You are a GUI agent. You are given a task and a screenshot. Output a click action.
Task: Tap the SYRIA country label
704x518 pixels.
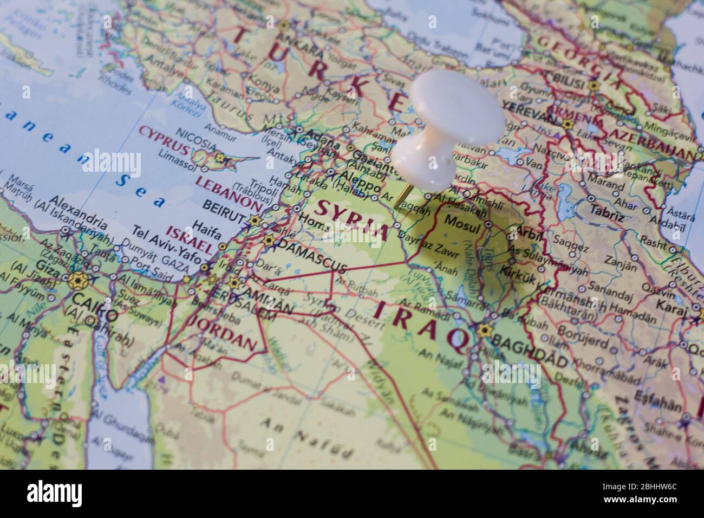(353, 218)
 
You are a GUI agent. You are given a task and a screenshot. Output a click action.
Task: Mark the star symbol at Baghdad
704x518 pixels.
(483, 330)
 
